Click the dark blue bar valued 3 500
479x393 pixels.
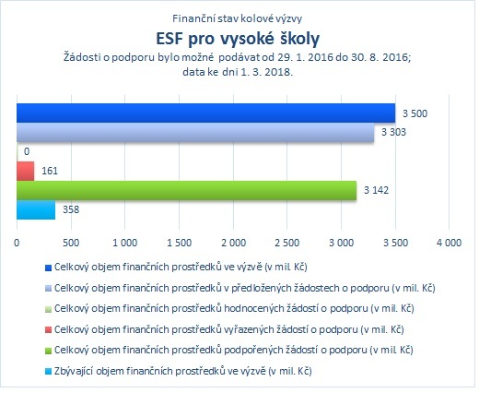pos(205,113)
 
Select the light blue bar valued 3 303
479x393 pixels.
pos(195,133)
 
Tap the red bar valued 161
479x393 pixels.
pos(25,171)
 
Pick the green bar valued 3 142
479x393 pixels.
pos(186,190)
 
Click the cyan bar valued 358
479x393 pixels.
pos(36,209)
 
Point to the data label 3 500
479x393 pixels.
pos(415,113)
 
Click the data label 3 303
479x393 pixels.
pos(393,132)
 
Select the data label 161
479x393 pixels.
pos(50,171)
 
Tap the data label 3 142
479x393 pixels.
pos(376,190)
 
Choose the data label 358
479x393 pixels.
pos(71,209)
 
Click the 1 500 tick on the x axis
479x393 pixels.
pos(179,243)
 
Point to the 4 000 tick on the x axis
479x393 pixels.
pos(449,243)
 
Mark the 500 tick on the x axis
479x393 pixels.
pos(71,243)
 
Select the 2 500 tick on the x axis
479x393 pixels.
pos(287,243)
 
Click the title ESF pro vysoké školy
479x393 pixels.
pos(238,39)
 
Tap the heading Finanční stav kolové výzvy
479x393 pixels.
pos(237,18)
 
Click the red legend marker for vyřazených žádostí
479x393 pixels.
pos(48,330)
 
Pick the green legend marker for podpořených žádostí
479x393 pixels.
pos(48,351)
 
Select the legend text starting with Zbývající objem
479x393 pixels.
pos(183,372)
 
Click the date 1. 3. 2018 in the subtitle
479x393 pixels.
pos(266,72)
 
